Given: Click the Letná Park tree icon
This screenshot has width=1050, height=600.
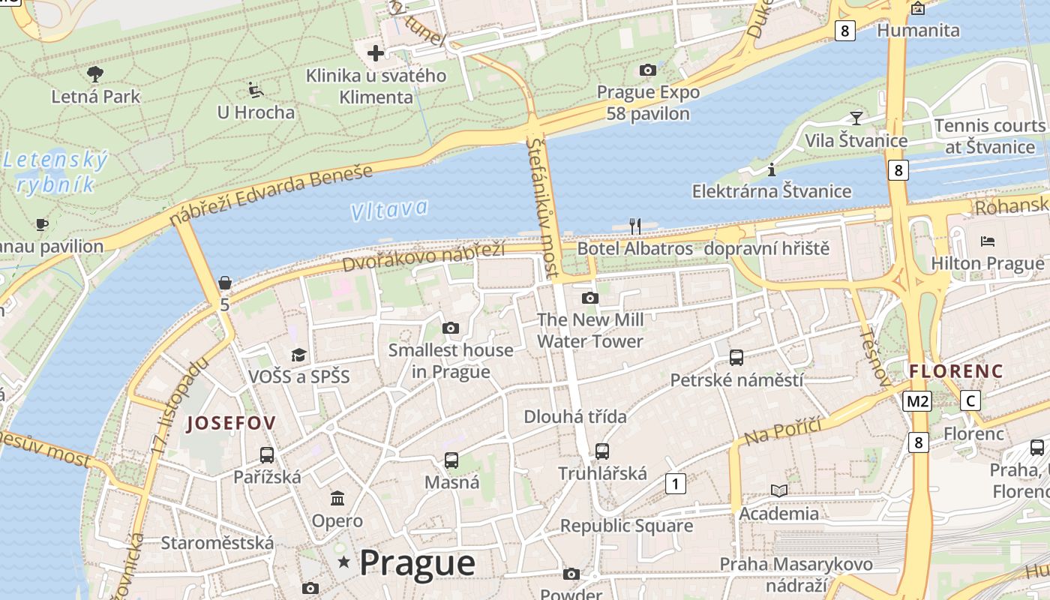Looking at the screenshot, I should (95, 73).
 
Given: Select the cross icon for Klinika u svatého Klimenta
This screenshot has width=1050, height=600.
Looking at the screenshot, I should (376, 53).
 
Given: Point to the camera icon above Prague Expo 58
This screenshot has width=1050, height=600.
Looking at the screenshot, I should (648, 70).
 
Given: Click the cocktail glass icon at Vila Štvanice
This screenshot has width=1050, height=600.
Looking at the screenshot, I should (856, 118).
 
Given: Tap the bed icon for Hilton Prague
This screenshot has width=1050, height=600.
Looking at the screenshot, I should (988, 241).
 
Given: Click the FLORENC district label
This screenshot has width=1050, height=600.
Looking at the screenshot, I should (955, 370).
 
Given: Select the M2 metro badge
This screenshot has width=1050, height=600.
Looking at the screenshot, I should (917, 401).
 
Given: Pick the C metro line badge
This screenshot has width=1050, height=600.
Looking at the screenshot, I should (971, 400).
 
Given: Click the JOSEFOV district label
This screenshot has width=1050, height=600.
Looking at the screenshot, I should (231, 423).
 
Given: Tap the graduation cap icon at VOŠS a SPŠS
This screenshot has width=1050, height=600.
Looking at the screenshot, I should (299, 355).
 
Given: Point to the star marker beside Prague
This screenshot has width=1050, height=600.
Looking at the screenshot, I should (344, 562).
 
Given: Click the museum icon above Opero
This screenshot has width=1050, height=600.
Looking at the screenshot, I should (337, 498).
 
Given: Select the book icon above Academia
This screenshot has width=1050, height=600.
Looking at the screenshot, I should (779, 490).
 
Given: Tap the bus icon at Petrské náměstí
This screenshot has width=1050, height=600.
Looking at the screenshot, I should (736, 357).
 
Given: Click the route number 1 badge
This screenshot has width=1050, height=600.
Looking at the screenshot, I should (676, 484).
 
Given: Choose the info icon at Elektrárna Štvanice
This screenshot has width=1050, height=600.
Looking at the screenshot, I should (772, 169).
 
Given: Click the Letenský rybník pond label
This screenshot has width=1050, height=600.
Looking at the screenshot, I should (56, 172).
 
